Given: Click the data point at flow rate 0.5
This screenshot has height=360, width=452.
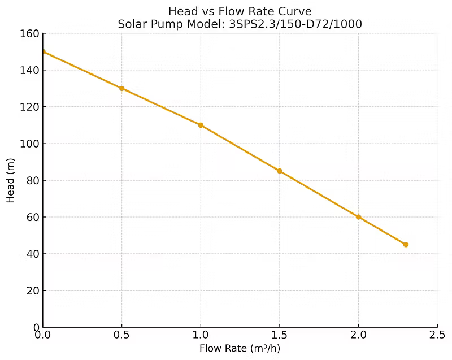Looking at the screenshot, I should coord(121,88).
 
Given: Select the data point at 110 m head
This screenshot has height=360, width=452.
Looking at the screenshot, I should coord(201,125).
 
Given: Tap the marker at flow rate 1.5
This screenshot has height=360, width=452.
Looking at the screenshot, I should coord(280,171).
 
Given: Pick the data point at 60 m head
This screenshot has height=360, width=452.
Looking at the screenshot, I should coord(358,217).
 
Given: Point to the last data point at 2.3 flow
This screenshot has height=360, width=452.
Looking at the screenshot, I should coord(406,245).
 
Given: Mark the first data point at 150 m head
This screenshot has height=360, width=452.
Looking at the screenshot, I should coord(43,51).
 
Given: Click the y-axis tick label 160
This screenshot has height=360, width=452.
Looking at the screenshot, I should coord(29,33).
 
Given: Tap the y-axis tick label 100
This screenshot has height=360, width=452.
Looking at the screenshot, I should coord(29,144).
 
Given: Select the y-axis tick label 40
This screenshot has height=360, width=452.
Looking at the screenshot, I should coord(32,254).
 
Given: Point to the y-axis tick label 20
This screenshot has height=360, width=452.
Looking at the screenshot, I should coord(32,290).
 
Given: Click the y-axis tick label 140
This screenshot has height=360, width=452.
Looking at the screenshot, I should coord(29,70).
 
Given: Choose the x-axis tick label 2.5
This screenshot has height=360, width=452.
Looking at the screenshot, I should coord(437,335).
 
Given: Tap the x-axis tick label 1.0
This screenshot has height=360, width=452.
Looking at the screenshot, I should coord(201,335).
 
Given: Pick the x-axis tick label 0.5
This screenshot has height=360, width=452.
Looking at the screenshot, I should coord(121,335).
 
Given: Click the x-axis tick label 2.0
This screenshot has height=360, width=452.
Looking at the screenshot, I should coord(358,335).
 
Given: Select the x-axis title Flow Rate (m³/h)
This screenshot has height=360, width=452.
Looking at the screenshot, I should coord(240,348).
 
